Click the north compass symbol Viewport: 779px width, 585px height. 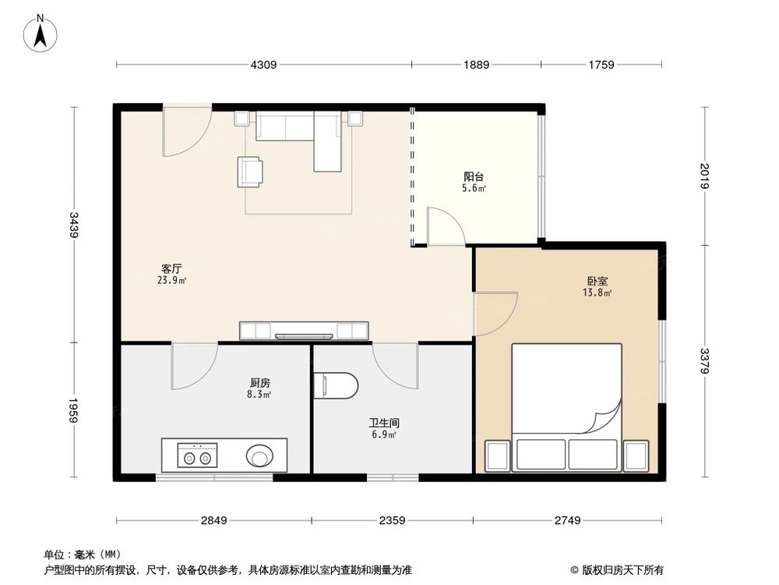click(41, 33)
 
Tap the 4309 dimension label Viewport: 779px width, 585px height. click(263, 65)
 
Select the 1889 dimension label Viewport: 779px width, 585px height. click(476, 65)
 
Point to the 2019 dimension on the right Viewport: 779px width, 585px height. click(705, 176)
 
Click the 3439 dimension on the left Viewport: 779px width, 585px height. click(73, 225)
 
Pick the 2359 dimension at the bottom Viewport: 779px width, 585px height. click(392, 520)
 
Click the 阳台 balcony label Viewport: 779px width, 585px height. click(474, 176)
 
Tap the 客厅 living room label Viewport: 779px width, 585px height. click(171, 269)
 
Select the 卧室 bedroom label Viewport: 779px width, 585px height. click(597, 282)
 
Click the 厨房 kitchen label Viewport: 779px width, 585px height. click(260, 383)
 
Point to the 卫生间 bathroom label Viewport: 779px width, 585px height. click(384, 423)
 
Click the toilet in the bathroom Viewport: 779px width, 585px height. click(337, 385)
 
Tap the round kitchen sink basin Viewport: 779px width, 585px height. click(259, 456)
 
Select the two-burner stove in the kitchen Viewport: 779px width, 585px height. click(197, 456)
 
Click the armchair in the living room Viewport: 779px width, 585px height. click(250, 172)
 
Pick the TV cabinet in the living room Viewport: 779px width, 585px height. click(304, 331)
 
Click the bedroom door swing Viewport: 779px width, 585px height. click(496, 314)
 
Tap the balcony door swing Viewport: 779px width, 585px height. click(446, 226)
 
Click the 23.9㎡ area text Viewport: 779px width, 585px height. click(171, 281)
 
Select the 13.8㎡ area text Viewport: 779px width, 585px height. click(597, 293)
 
